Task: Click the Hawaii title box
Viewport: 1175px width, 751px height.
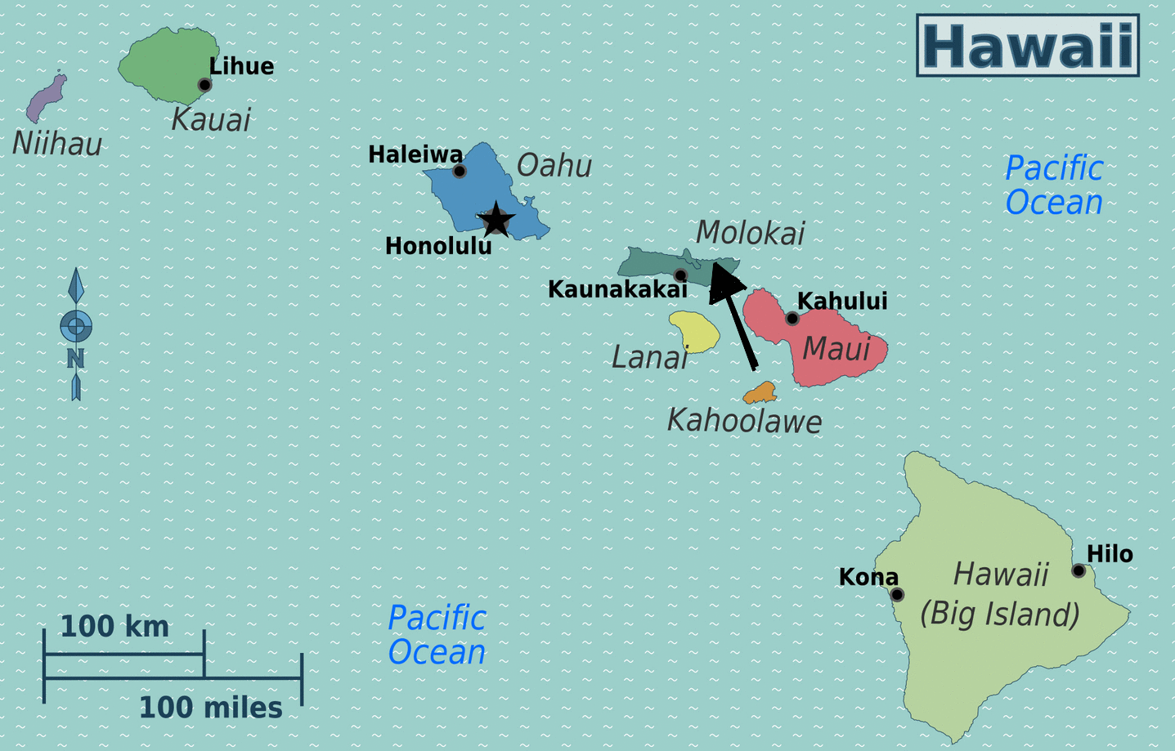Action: [1028, 46]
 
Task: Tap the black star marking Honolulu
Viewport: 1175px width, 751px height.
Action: [496, 220]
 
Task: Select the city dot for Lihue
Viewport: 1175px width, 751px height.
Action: [204, 85]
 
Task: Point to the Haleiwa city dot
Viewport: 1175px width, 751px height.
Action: [460, 171]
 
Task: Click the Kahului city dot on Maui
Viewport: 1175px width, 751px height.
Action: [792, 319]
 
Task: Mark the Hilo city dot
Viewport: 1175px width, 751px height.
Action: [1079, 570]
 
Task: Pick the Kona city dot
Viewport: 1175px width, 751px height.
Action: [897, 594]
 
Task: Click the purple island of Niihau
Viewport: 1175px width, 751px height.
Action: [45, 98]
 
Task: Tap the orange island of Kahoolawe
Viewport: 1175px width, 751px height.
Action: [760, 393]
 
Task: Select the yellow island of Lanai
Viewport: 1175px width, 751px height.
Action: [695, 331]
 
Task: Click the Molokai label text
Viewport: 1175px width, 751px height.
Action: [750, 234]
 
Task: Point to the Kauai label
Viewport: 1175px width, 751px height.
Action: [211, 120]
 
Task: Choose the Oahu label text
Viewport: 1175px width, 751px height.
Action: [554, 166]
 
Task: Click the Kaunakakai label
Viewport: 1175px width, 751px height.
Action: [617, 289]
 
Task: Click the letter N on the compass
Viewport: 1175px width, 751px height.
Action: [75, 359]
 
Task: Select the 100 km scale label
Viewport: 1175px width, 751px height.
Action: [114, 627]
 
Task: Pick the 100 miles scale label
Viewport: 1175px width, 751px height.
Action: [210, 708]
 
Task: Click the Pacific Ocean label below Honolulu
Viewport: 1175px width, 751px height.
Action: [437, 635]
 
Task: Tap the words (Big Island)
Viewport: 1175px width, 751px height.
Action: [1000, 614]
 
